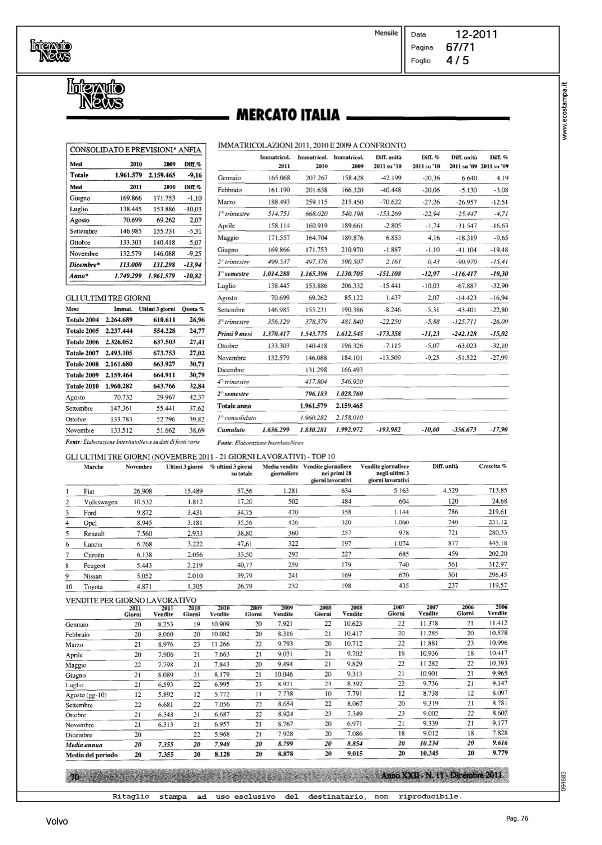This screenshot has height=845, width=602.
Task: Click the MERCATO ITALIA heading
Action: tap(288, 115)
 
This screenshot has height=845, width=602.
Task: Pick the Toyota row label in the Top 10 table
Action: tap(93, 586)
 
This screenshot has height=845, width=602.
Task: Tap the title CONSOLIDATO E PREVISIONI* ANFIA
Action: tap(135, 150)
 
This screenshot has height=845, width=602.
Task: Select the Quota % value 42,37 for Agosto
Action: tap(197, 397)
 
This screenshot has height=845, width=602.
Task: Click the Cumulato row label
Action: tap(231, 430)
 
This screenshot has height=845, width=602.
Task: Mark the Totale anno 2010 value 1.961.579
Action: tap(314, 406)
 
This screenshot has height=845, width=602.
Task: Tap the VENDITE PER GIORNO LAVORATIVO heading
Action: tap(131, 601)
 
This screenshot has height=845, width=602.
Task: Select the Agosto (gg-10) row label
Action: tap(86, 695)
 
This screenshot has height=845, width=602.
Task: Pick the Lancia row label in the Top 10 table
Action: tap(93, 545)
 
